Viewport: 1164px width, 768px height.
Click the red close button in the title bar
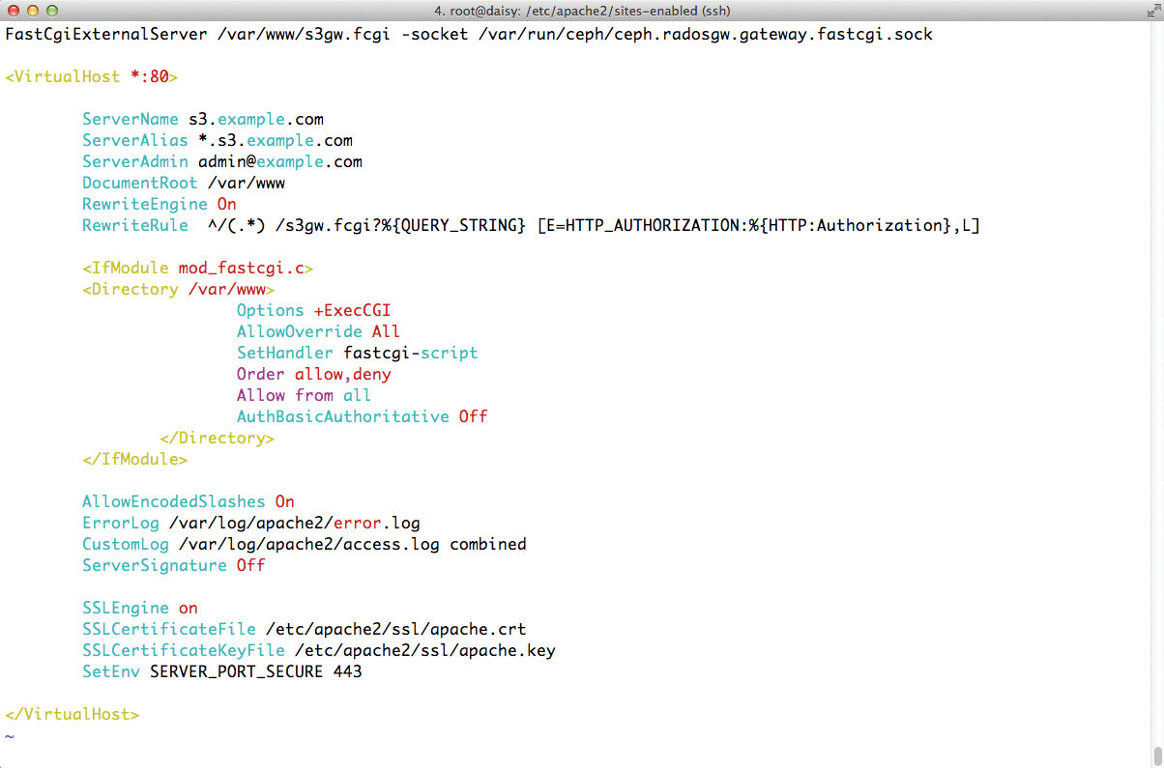14,11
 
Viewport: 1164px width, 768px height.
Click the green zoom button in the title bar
51,11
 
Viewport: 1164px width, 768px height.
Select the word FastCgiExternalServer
105,35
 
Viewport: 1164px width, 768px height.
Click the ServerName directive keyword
130,120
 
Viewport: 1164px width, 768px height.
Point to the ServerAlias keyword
134,141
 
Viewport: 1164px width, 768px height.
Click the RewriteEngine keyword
144,205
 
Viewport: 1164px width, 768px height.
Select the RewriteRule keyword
134,226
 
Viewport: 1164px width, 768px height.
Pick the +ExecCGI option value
352,311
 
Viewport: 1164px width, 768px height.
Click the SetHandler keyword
284,354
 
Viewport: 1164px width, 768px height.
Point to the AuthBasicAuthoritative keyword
342,417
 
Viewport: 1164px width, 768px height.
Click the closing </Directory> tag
217,439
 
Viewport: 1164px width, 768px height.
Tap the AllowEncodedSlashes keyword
173,502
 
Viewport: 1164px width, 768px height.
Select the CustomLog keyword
125,545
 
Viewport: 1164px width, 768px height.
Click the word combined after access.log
487,545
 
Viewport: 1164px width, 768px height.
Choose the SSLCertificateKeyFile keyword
183,651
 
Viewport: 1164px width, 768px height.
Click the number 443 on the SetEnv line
347,672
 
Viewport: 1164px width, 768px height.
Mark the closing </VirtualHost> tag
72,715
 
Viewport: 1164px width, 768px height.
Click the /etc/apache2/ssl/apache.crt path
395,630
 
